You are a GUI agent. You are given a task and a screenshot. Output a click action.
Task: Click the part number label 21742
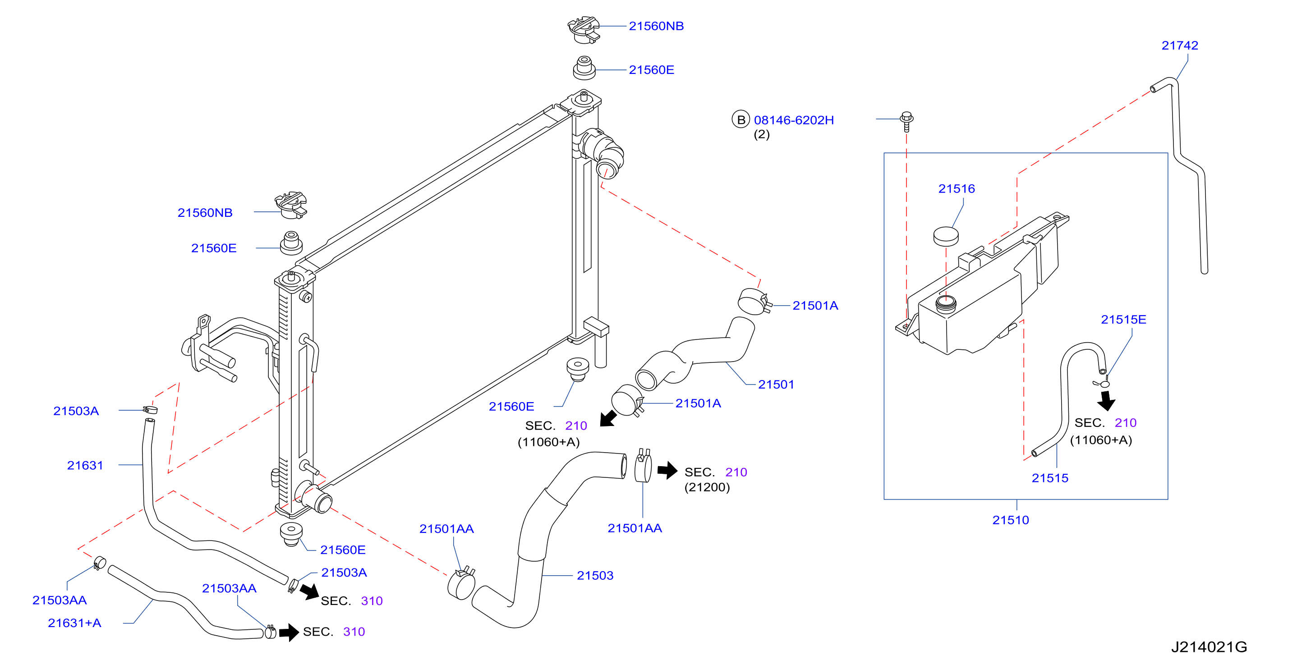tap(1179, 45)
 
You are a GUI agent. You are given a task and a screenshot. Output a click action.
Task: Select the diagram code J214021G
tap(1209, 646)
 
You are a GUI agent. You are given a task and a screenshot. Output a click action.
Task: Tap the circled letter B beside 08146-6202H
tap(740, 119)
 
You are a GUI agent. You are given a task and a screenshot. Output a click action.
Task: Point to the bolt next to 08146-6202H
tap(906, 121)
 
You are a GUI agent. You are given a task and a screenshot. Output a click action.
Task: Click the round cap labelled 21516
tap(946, 236)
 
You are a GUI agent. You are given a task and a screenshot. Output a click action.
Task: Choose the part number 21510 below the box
tap(1010, 520)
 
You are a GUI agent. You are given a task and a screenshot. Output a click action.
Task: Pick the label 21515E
tap(1123, 319)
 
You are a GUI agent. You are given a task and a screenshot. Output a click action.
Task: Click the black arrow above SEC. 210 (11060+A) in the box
tap(1106, 401)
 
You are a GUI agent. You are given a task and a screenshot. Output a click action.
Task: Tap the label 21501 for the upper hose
tap(776, 384)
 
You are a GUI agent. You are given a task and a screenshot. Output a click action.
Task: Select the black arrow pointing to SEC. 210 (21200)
tap(667, 470)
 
